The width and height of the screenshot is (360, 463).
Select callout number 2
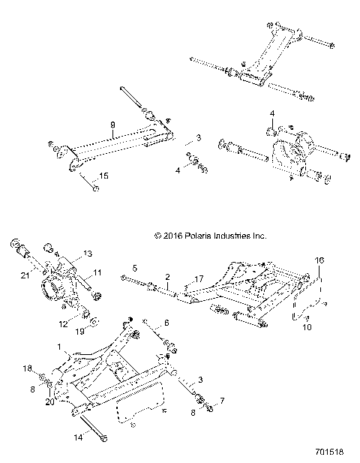click(x=167, y=278)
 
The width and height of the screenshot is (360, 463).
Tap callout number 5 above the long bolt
click(x=134, y=267)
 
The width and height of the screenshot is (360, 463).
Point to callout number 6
click(x=166, y=323)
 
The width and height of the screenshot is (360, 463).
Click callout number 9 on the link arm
click(x=112, y=125)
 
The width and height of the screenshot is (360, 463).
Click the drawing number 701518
click(x=330, y=454)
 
